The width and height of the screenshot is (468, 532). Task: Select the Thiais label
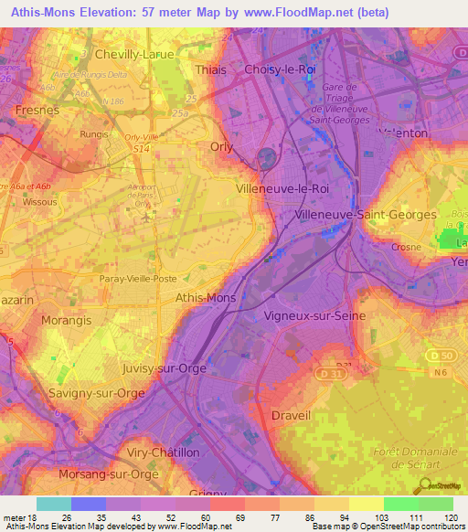(212, 69)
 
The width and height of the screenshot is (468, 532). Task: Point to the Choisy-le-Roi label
(280, 69)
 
